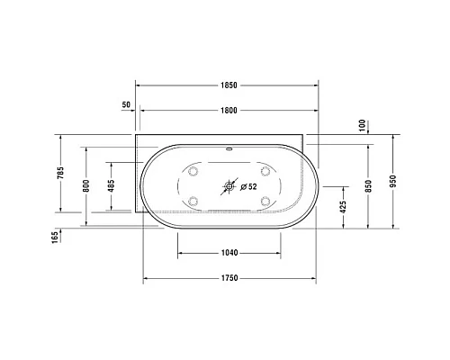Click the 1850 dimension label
click(229, 85)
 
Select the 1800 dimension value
click(229, 111)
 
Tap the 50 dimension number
click(126, 104)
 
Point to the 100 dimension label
click(363, 125)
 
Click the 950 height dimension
click(393, 181)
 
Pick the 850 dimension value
click(368, 186)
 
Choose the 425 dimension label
click(344, 207)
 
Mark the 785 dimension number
click(60, 173)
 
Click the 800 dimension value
click(86, 186)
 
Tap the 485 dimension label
click(111, 186)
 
